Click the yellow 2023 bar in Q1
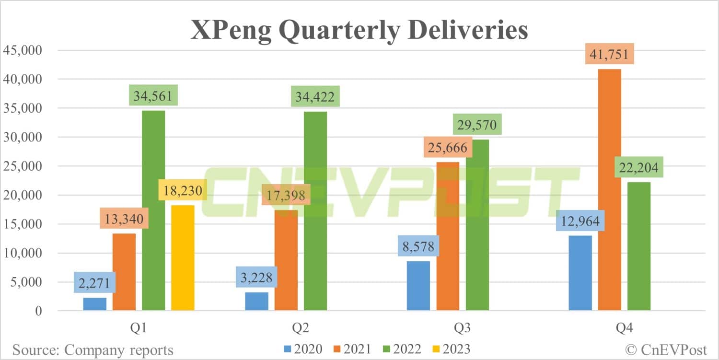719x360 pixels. tap(183, 258)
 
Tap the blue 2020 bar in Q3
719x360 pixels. tap(418, 286)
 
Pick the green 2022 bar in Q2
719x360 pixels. tap(315, 211)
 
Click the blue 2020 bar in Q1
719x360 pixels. tap(95, 304)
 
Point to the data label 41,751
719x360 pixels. tap(609, 54)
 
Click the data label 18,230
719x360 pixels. tap(183, 190)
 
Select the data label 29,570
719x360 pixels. tap(477, 124)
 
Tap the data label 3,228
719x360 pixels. tap(256, 277)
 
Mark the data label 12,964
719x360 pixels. tap(580, 221)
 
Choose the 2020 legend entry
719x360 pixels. tap(303, 349)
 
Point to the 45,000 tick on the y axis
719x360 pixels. tap(23, 50)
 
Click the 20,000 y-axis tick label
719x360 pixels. tap(23, 195)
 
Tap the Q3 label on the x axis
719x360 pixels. tap(462, 328)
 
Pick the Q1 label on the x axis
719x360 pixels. tap(139, 328)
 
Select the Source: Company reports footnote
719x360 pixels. tap(93, 349)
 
